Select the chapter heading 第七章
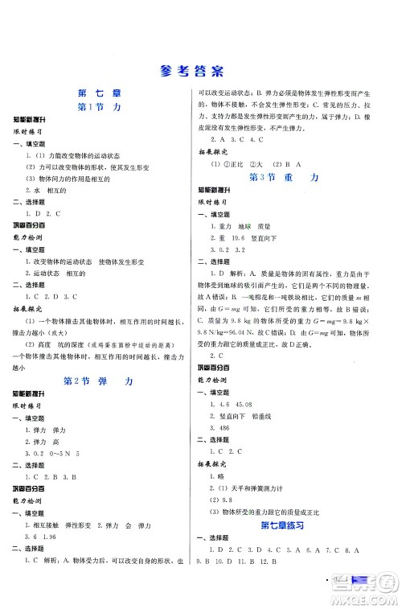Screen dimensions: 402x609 100,91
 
